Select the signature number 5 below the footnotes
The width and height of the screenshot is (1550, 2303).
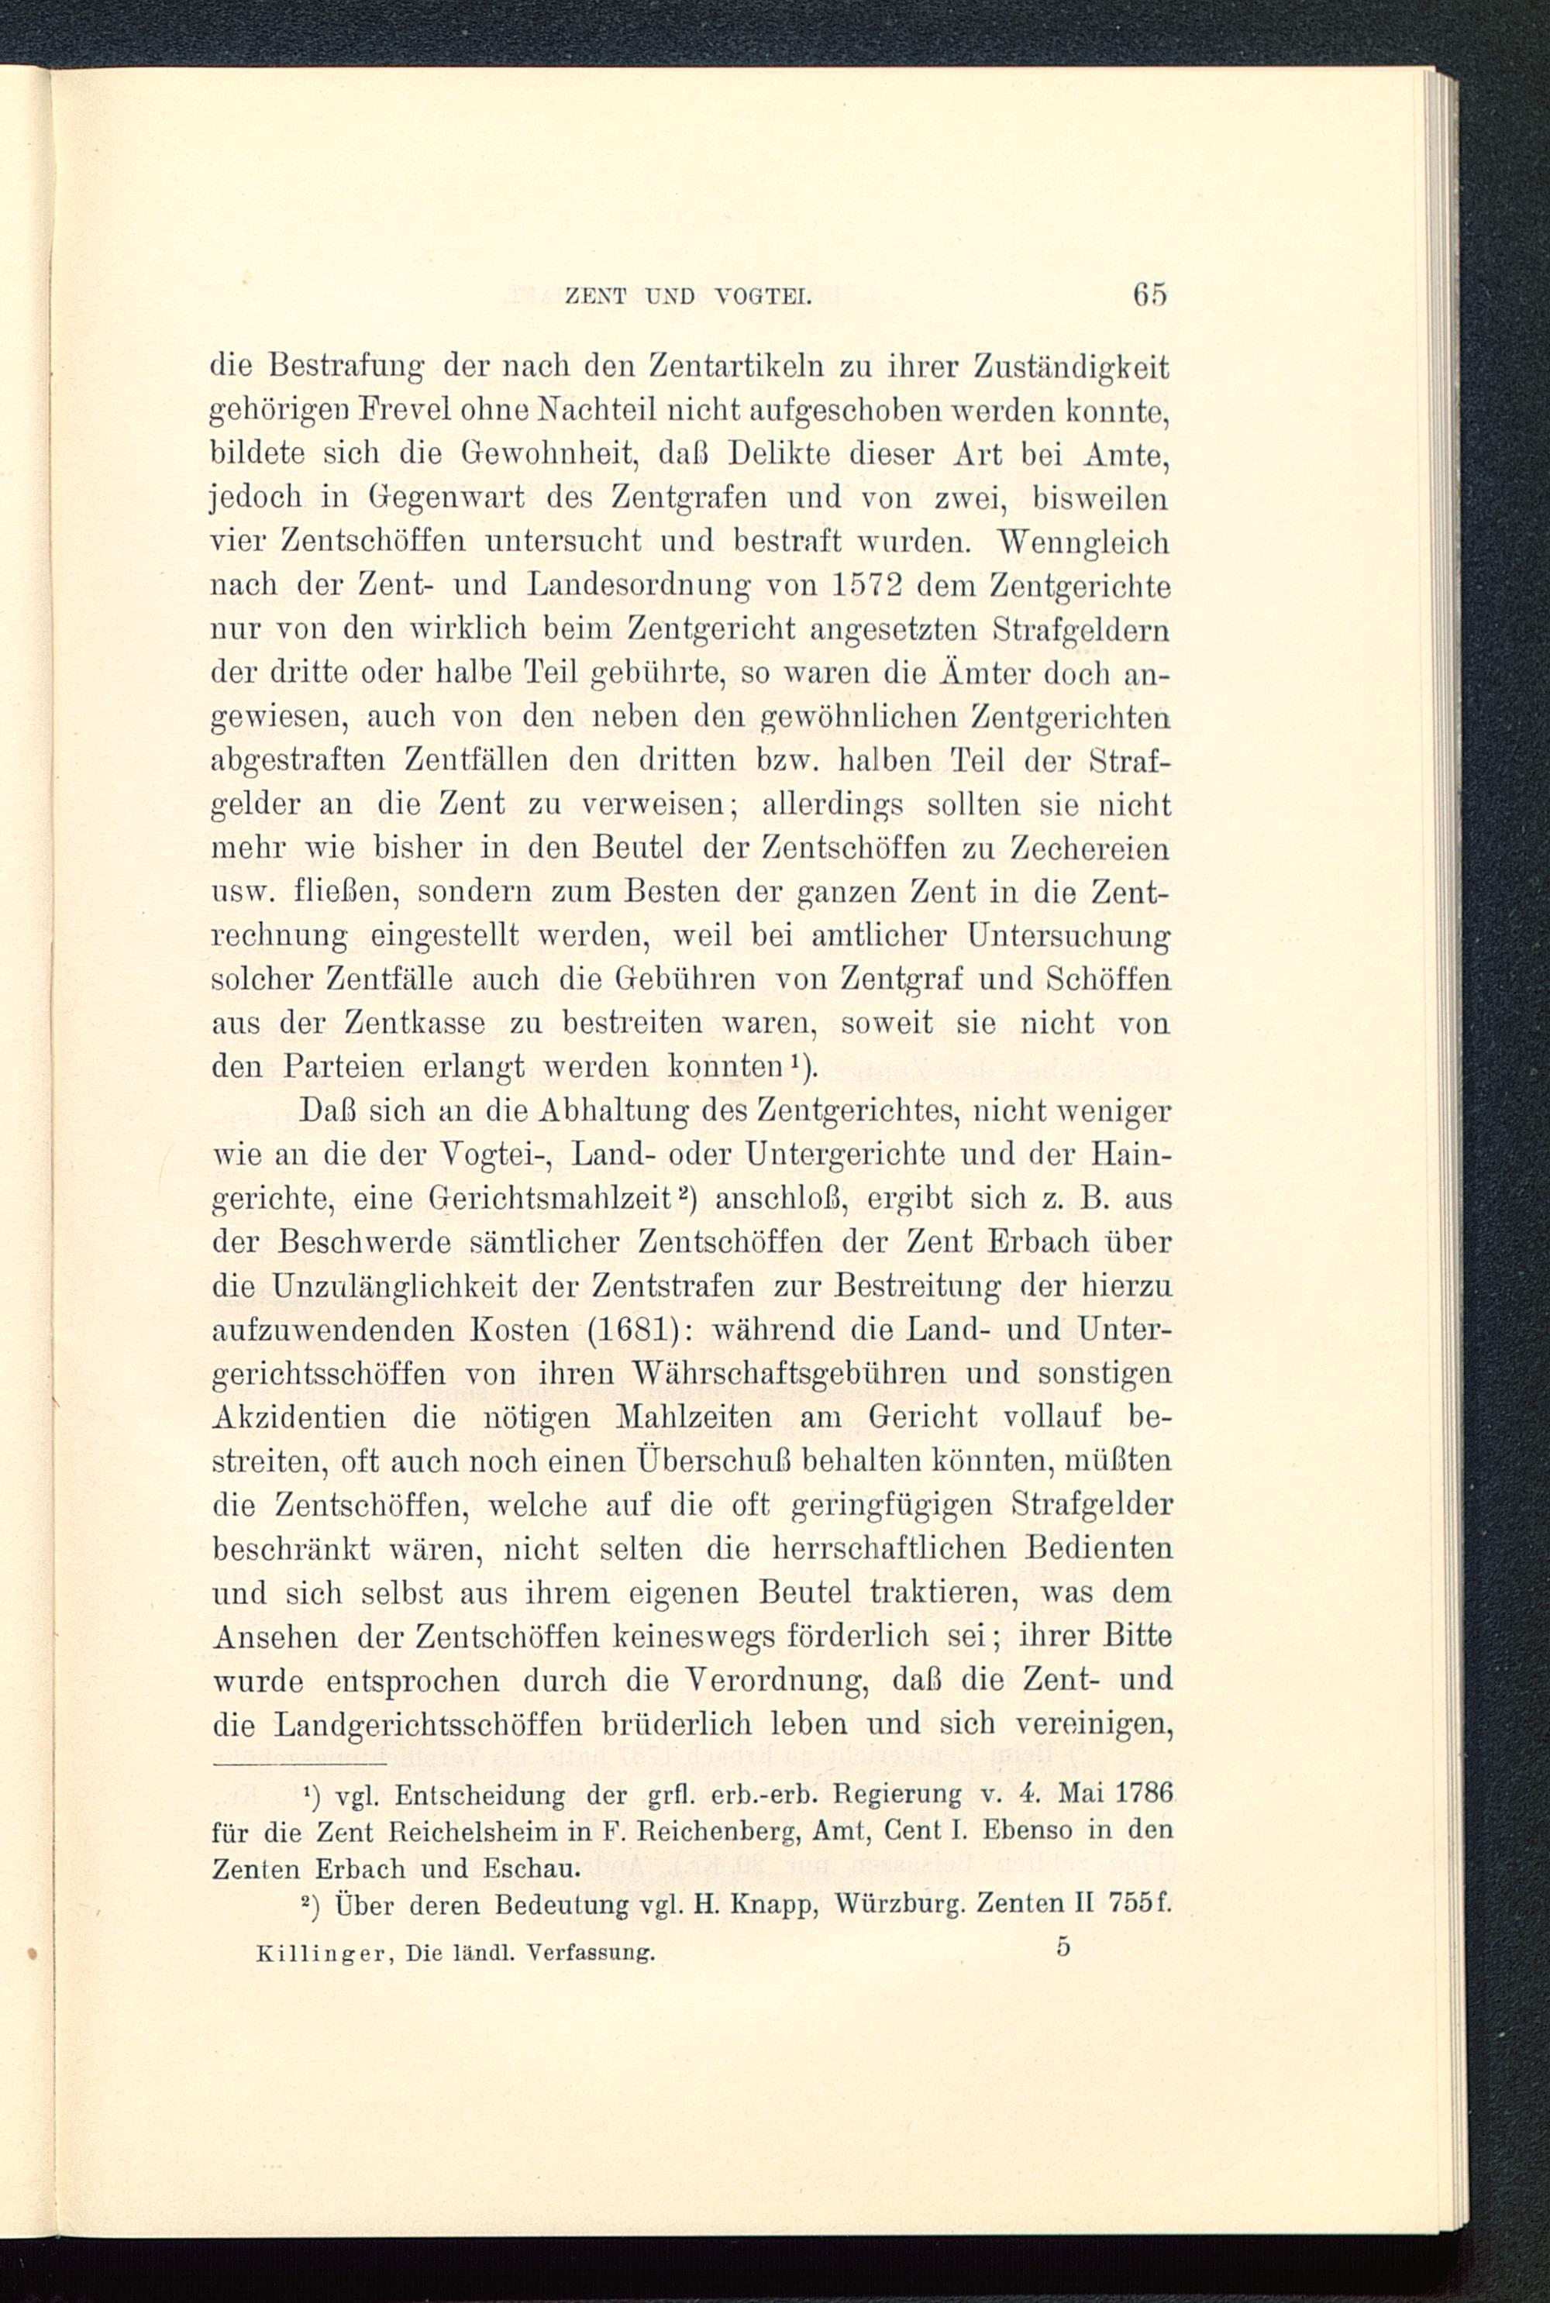point(1063,1947)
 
